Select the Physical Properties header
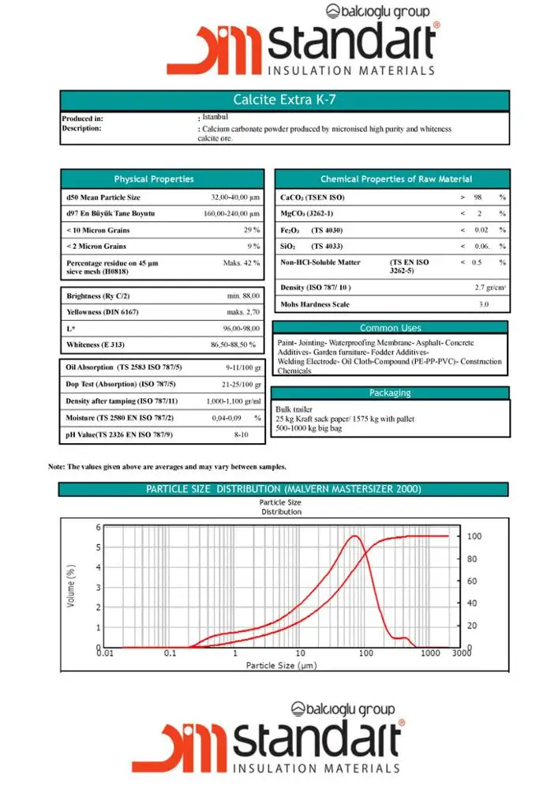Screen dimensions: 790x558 coord(154,179)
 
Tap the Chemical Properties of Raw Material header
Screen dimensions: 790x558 coord(396,179)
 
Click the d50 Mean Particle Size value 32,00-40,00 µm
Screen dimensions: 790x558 coord(235,197)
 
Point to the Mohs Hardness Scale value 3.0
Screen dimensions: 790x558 coord(484,304)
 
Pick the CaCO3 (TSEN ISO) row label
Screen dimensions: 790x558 coord(313,197)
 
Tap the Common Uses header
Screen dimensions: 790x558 coord(390,328)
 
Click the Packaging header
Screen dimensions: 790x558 coord(390,393)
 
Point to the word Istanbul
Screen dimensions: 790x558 coord(215,117)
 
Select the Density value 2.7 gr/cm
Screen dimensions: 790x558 coord(490,288)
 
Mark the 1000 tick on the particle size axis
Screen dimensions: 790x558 coord(429,654)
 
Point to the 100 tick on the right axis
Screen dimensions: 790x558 coord(474,536)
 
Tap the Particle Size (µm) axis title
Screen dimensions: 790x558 coord(281,666)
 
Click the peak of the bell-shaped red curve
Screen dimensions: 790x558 coord(355,536)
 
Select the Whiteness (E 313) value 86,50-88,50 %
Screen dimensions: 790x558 coord(233,345)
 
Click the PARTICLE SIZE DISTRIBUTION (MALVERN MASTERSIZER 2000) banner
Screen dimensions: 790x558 coord(283,490)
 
